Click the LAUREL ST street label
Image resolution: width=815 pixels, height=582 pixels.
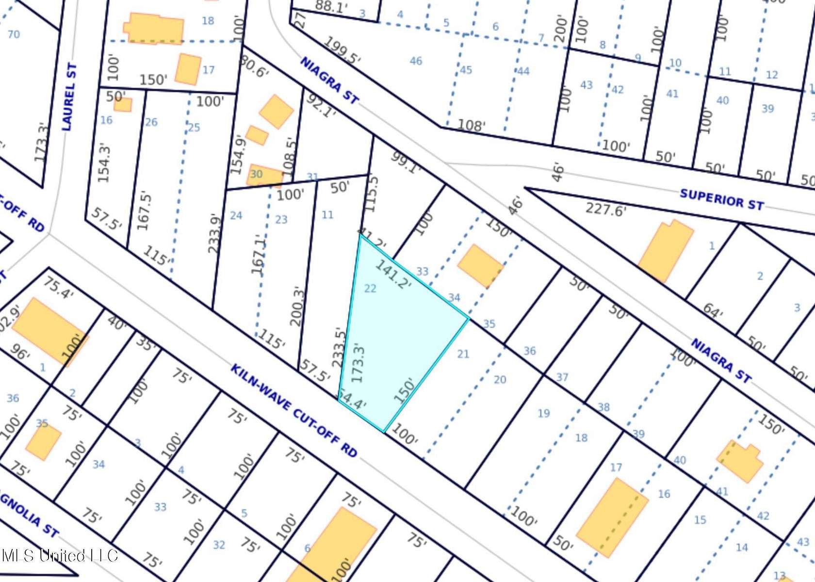point(70,97)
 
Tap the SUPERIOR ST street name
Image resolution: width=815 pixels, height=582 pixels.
point(722,199)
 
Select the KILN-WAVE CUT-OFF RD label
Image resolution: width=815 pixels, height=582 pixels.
point(293,410)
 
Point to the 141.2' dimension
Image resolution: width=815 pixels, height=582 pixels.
point(393,275)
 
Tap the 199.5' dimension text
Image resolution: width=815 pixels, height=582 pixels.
point(342,50)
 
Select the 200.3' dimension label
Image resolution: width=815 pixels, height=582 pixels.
point(297,307)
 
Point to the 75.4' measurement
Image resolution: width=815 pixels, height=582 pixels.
point(58,288)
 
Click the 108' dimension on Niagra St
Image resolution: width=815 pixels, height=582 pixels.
point(472,126)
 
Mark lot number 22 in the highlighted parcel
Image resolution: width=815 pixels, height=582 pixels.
point(370,289)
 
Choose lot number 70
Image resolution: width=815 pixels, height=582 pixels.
point(14,34)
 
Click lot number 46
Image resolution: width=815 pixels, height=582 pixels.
point(416,61)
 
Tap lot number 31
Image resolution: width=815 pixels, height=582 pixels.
point(312,177)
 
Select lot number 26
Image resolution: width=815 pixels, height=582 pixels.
point(151,122)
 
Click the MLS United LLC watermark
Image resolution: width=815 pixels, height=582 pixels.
point(59,555)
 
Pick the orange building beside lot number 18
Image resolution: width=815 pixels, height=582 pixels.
point(154,30)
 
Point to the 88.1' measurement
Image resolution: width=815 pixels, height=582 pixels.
point(331,6)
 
